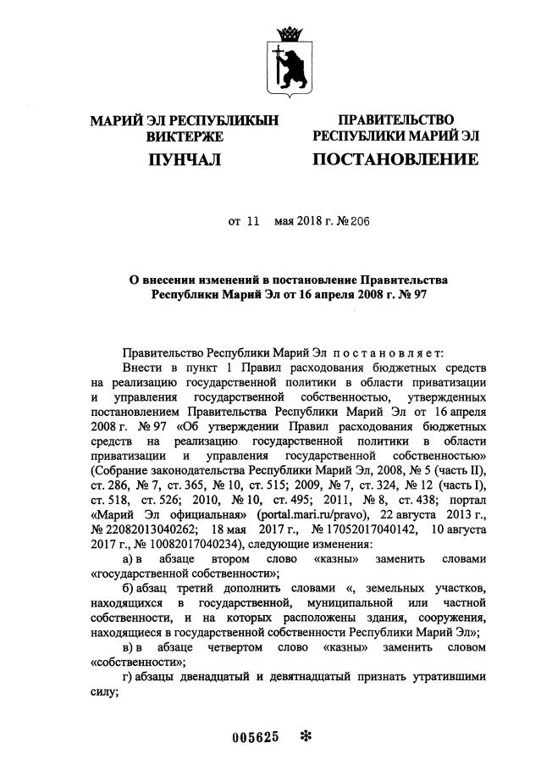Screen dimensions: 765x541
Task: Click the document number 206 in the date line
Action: click(361, 221)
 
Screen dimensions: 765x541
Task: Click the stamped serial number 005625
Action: click(256, 737)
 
